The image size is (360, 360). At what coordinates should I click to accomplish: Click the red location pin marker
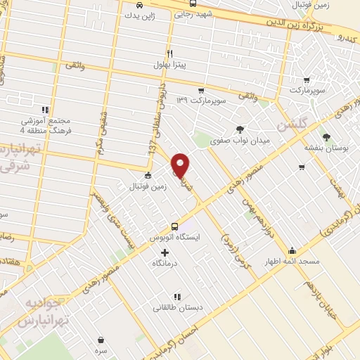tap(181, 165)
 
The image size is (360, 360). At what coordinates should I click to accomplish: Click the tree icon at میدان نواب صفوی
tap(241, 129)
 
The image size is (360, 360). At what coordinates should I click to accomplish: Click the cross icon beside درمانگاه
tap(165, 252)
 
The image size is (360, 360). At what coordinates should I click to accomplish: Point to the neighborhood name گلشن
tap(293, 124)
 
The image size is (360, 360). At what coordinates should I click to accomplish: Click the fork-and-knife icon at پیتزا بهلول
tap(169, 53)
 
